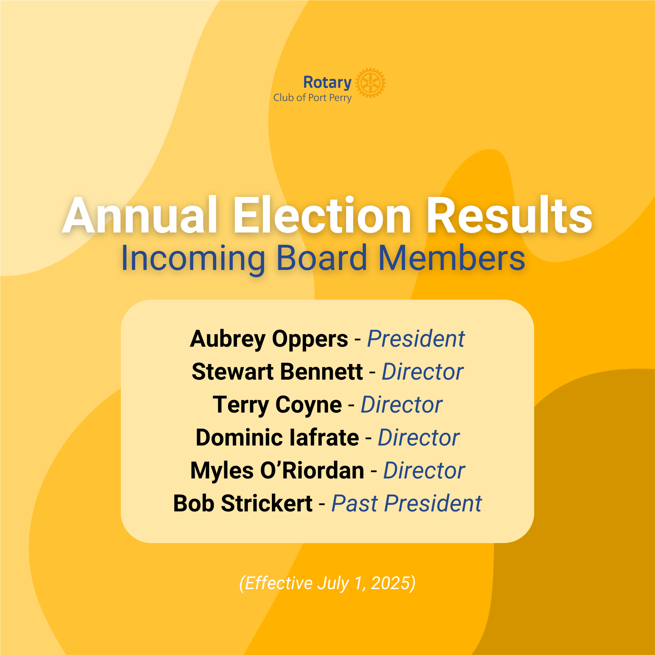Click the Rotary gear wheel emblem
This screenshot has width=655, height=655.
click(x=370, y=83)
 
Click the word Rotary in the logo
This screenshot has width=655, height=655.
click(x=327, y=82)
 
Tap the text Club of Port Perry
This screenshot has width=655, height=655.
click(x=312, y=98)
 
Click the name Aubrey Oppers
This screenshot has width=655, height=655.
click(x=269, y=339)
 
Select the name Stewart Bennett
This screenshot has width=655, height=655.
click(x=277, y=371)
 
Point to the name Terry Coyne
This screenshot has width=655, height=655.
click(x=277, y=405)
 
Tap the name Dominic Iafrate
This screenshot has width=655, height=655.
click(x=277, y=438)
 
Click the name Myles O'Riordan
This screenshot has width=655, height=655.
click(x=277, y=470)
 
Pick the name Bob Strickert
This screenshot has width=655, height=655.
click(x=243, y=503)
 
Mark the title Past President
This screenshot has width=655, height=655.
click(x=407, y=503)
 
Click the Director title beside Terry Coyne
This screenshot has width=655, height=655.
click(x=401, y=405)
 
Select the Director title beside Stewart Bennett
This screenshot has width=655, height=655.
click(x=422, y=371)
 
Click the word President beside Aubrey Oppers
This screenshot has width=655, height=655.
click(x=416, y=339)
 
